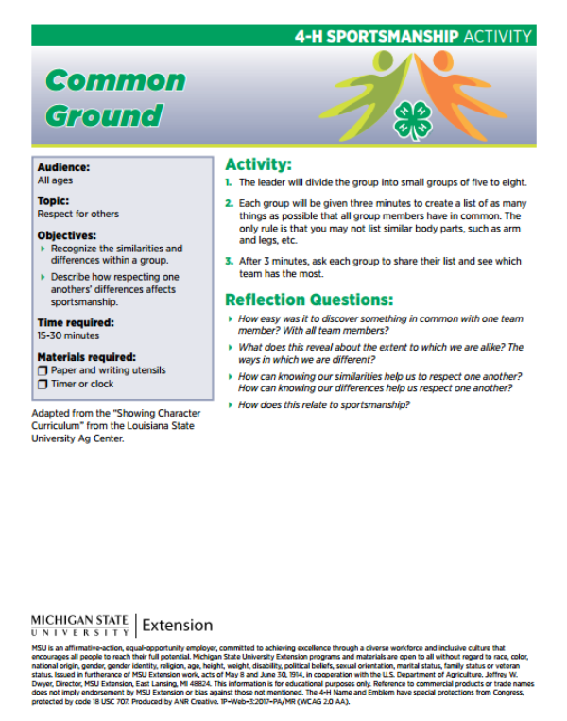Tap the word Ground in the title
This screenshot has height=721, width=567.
[x=104, y=116]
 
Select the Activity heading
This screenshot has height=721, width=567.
[x=258, y=163]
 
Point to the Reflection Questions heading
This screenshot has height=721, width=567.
[x=307, y=300]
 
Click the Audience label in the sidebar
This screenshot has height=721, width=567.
[x=64, y=167]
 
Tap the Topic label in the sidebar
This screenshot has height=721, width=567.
[x=53, y=201]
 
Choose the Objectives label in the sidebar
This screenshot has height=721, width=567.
[x=67, y=234]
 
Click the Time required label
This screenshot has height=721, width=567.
[x=77, y=322]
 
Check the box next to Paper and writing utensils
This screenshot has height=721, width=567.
[x=42, y=371]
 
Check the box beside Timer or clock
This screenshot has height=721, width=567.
[x=42, y=385]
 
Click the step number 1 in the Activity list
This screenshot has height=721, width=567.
[x=228, y=181]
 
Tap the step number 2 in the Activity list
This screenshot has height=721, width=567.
[x=228, y=203]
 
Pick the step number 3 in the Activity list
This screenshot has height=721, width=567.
[x=228, y=261]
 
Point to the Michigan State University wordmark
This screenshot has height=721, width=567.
[x=81, y=625]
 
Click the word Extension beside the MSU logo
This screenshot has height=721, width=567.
[x=178, y=625]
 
